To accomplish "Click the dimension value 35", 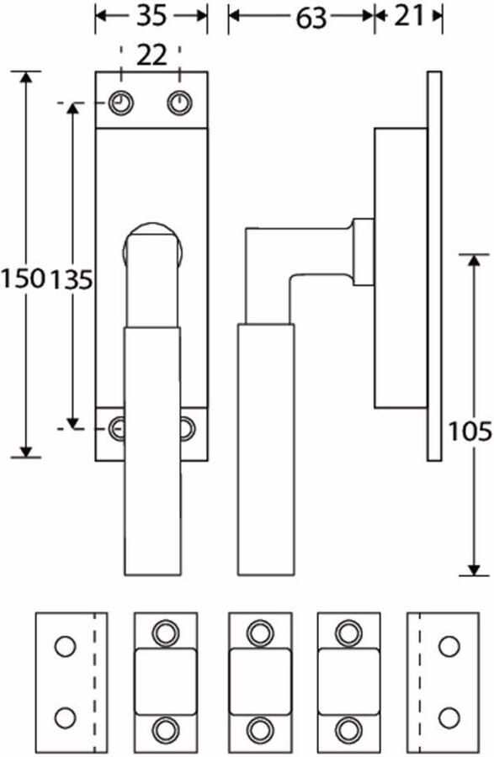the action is tap(151, 17).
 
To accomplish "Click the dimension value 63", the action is tap(311, 19).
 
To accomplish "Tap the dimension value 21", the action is tap(408, 17).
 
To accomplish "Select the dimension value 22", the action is tap(152, 56).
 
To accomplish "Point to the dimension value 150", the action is tap(23, 279).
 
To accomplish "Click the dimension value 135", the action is tap(71, 280).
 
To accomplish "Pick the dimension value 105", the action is tap(470, 431).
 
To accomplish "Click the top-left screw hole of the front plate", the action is tap(121, 103).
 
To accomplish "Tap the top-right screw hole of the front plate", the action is tap(179, 103).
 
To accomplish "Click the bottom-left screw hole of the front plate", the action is tap(117, 428).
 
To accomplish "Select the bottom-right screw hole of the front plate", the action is tap(188, 428).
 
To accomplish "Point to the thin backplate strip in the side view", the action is tap(434, 266).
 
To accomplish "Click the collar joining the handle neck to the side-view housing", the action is tap(363, 251).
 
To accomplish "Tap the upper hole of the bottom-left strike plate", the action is tap(65, 647).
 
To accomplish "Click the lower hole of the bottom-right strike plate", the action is tap(449, 718).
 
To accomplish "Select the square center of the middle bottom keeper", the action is tap(260, 681).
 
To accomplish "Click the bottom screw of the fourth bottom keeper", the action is tap(348, 729).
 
